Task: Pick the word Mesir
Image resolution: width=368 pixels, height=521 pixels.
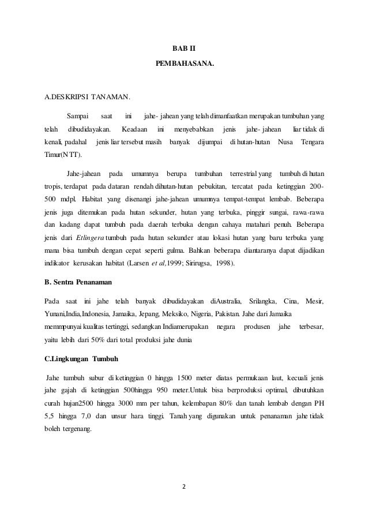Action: (314, 301)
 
